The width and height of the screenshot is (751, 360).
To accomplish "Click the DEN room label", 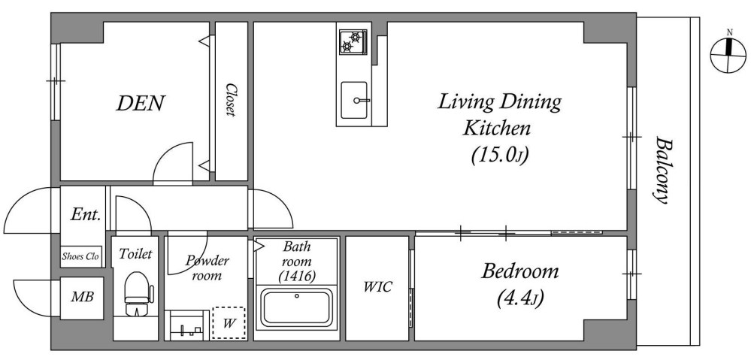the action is tap(141, 103).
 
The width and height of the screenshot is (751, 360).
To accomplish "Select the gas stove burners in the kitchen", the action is tap(353, 42).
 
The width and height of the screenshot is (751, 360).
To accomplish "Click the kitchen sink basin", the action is tap(354, 100).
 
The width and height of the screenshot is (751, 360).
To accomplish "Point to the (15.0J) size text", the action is tap(500, 155).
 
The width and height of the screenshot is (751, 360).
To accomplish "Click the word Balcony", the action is tap(662, 171).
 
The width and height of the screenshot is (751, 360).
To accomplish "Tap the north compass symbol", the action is tap(728, 55).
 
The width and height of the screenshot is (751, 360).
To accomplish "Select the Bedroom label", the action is tap(520, 271).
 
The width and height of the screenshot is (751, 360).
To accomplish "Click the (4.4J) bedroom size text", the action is tap(520, 299).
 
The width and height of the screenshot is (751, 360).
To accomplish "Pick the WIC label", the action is tap(377, 287).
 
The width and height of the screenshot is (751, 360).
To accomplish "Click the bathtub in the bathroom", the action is tap(296, 307).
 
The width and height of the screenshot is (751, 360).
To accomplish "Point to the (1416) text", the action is tap(296, 276).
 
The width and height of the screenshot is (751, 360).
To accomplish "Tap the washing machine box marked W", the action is tap(229, 323).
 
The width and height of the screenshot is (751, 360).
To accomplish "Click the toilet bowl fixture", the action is tap(137, 294).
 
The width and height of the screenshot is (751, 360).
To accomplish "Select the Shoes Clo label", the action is tap(80, 256).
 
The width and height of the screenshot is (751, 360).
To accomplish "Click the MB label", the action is tap(82, 298).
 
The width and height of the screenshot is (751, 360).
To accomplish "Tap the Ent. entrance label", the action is tap(85, 214).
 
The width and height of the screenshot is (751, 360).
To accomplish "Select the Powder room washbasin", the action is tap(186, 325).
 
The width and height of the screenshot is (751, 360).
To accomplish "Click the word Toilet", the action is tap(135, 254).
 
